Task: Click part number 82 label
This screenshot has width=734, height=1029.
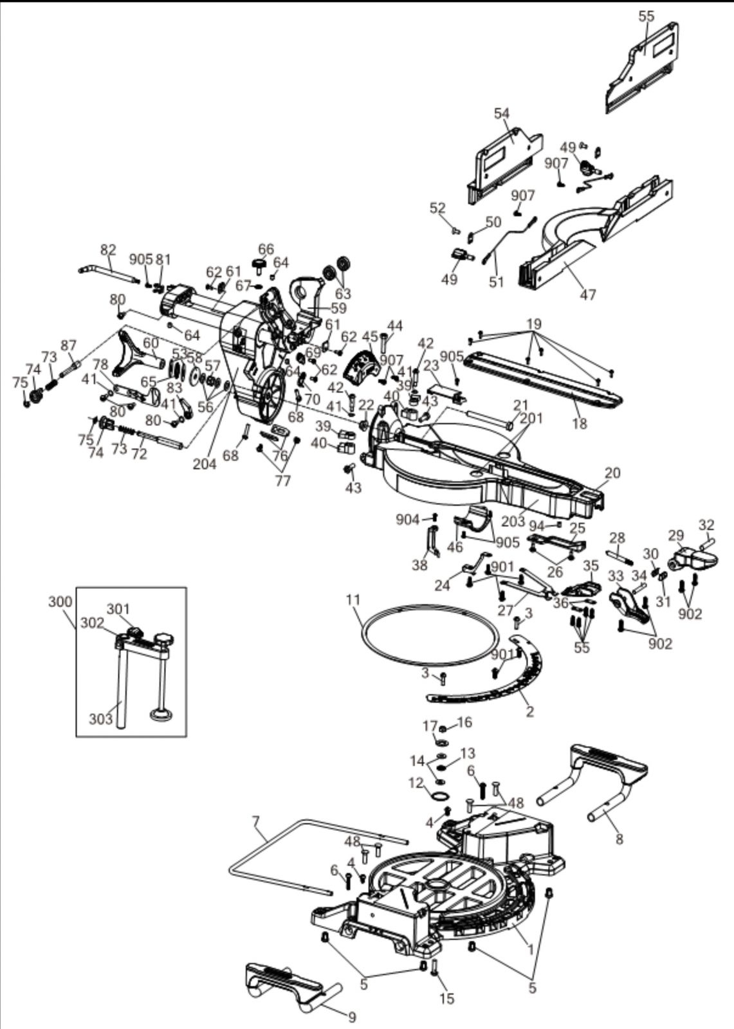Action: pyautogui.click(x=108, y=250)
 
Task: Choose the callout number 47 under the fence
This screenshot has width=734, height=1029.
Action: pyautogui.click(x=587, y=295)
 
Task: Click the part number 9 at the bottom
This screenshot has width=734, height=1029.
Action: pyautogui.click(x=351, y=1017)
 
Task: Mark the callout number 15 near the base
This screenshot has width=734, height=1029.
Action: pyautogui.click(x=446, y=998)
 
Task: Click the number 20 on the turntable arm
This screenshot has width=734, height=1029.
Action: pyautogui.click(x=612, y=473)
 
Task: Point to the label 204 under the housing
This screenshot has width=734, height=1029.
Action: pyautogui.click(x=205, y=464)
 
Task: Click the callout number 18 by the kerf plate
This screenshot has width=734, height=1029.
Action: pyautogui.click(x=580, y=423)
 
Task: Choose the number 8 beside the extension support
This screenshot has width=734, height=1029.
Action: pyautogui.click(x=619, y=839)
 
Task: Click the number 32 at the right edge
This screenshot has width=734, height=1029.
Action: pyautogui.click(x=706, y=524)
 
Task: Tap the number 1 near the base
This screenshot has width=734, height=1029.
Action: pyautogui.click(x=530, y=949)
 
